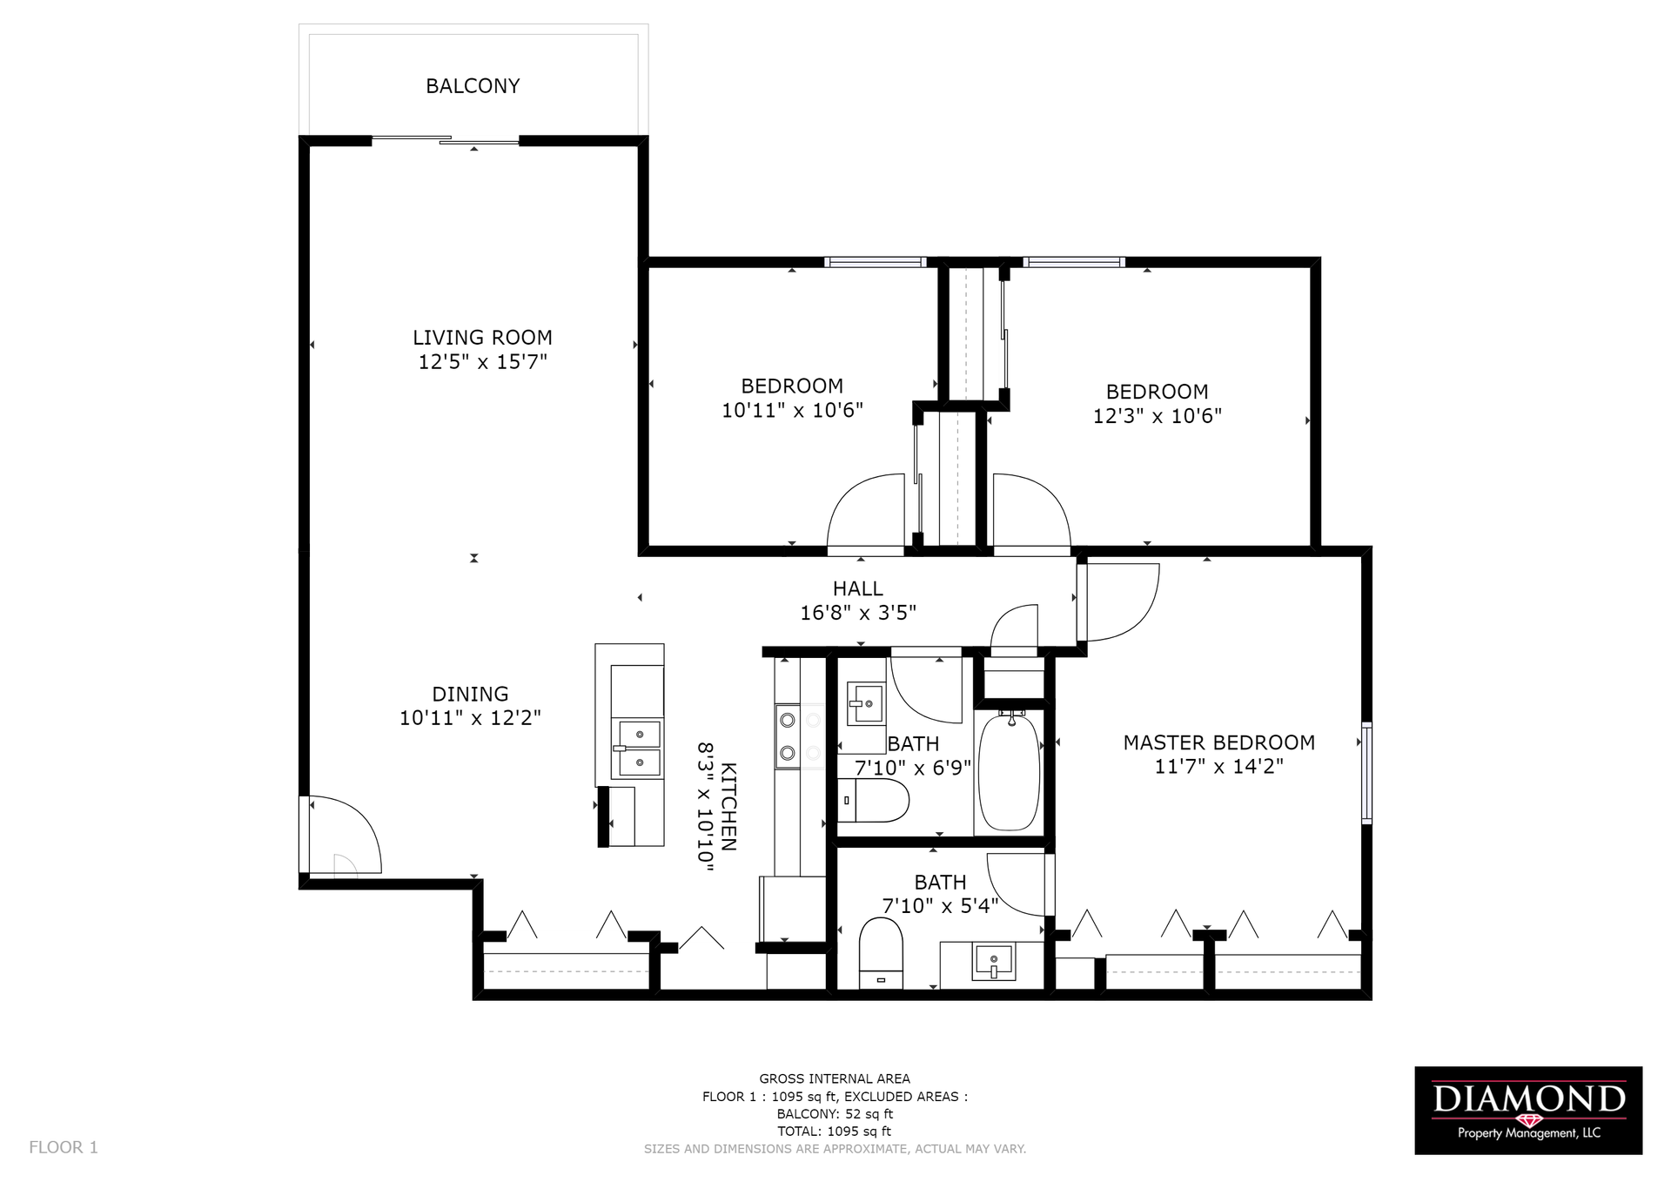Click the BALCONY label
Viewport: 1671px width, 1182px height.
(x=473, y=86)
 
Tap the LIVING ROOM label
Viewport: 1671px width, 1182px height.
(x=482, y=338)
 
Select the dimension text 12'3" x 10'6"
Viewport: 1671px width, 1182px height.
(x=1158, y=416)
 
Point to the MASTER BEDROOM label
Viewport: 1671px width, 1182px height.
(x=1218, y=742)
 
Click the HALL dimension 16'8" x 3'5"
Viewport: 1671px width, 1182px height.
(x=858, y=613)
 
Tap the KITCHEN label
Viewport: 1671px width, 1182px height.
(x=729, y=807)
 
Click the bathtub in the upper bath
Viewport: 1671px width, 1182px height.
(x=1010, y=772)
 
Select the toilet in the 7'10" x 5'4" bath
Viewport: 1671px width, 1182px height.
(x=882, y=953)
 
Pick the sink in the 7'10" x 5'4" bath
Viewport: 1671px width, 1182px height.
(x=993, y=962)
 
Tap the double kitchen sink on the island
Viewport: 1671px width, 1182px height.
(x=639, y=748)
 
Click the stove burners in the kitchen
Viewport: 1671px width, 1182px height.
(x=788, y=736)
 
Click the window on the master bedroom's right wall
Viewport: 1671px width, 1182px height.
(x=1367, y=772)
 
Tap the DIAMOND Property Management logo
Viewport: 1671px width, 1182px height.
(x=1528, y=1111)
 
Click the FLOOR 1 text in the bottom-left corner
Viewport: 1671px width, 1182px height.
(x=64, y=1147)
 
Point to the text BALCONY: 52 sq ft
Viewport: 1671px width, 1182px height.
(x=835, y=1114)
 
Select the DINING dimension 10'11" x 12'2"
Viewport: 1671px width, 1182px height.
(x=470, y=718)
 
